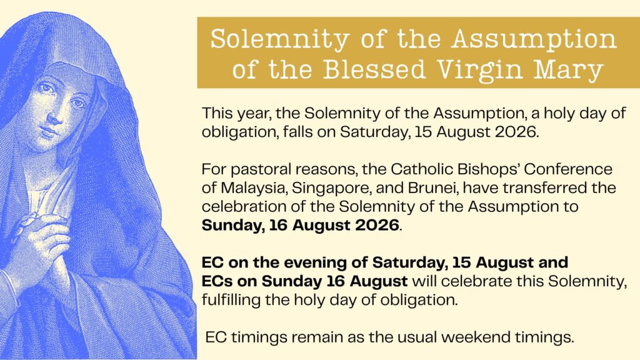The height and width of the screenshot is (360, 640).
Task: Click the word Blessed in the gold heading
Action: pos(374,69)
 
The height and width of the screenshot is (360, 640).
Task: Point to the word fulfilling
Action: pos(231,301)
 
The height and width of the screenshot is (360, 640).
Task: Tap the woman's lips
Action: pos(49,131)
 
